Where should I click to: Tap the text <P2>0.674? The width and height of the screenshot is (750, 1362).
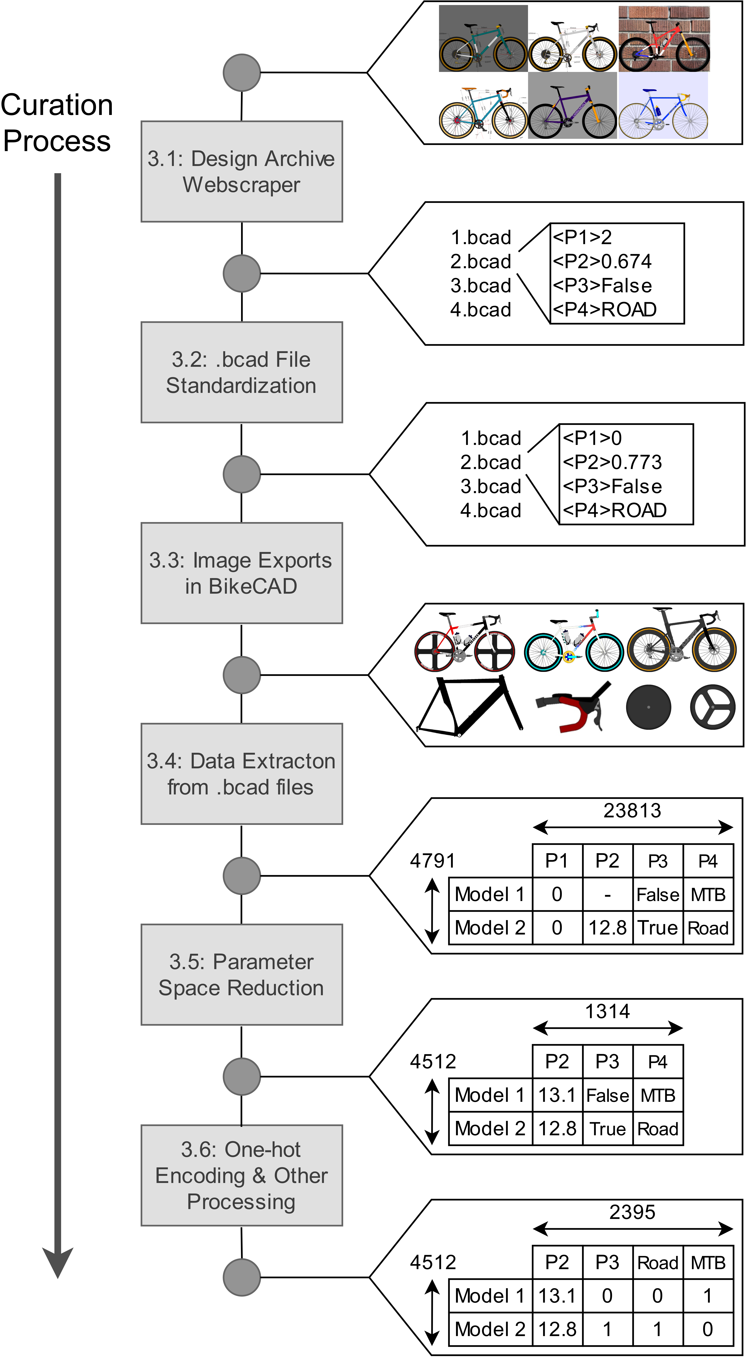tap(602, 261)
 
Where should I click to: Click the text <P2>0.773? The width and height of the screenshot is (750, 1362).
tap(612, 462)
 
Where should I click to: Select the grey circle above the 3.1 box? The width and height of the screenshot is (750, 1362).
tap(242, 72)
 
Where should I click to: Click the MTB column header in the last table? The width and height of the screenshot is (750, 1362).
tap(708, 1263)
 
